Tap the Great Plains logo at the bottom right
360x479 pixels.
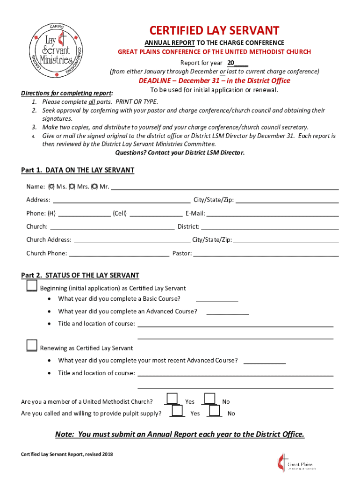click(295, 463)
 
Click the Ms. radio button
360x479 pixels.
click(52, 187)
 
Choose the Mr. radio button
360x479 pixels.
click(95, 187)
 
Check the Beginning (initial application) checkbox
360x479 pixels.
click(32, 286)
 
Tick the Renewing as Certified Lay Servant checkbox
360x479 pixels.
click(32, 346)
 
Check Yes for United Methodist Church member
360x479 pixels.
click(173, 399)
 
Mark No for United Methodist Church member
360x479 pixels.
click(209, 399)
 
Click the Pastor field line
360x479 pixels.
click(266, 254)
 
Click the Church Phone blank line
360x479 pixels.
click(119, 254)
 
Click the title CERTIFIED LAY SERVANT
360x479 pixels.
click(214, 31)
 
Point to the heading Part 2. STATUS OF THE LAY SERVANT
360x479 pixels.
click(80, 276)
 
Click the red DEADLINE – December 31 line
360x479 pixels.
click(214, 80)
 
